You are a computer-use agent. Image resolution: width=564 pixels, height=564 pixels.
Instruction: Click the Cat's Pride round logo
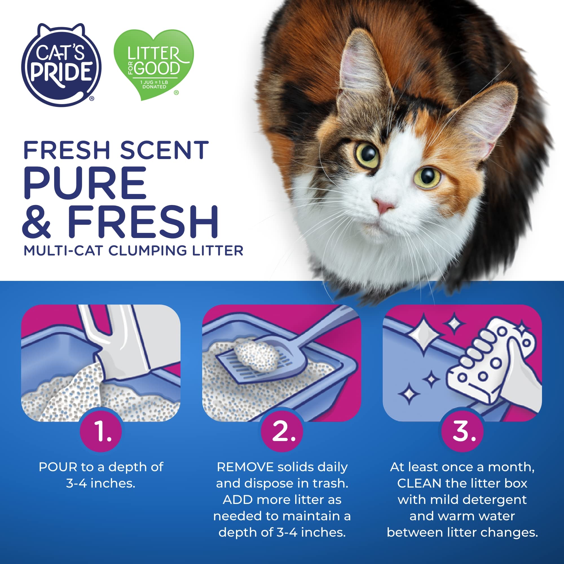tap(61, 65)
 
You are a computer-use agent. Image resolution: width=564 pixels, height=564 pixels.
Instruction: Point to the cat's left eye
tap(367, 155)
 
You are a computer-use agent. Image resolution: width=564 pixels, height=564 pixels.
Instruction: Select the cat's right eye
tap(428, 176)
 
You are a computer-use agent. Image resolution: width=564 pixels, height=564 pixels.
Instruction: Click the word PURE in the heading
tap(85, 183)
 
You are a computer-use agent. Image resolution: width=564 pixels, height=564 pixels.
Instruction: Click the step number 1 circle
tap(101, 431)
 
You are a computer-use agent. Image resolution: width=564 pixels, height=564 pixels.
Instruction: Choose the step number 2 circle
tap(282, 431)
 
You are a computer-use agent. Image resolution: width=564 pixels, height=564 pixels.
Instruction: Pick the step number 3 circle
tap(462, 431)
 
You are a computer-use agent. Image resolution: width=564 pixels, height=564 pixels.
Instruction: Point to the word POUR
tap(58, 467)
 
